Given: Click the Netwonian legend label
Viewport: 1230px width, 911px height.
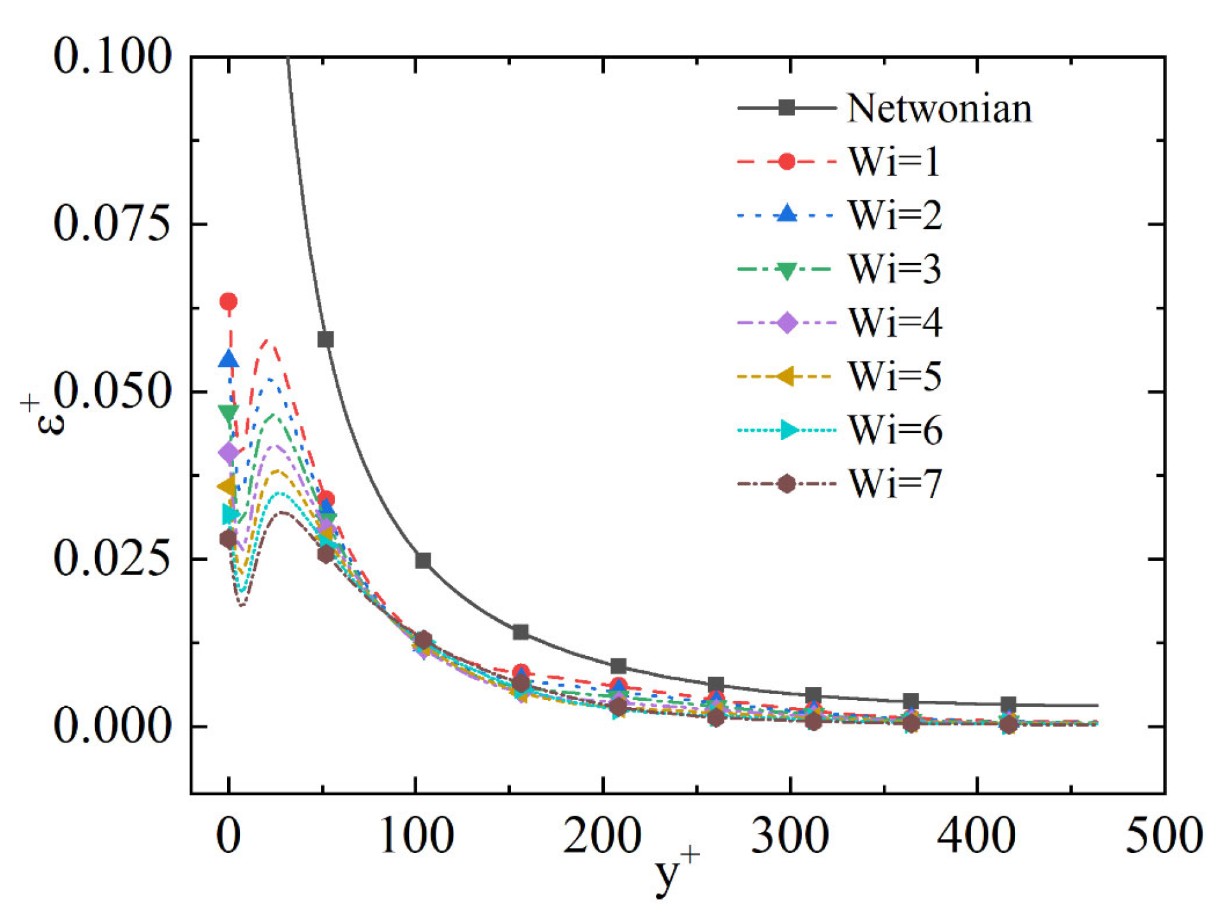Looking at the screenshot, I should coord(939,108).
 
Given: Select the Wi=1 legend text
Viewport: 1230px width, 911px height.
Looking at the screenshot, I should coord(894,161).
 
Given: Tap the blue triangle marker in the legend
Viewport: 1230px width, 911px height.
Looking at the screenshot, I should coord(787,213).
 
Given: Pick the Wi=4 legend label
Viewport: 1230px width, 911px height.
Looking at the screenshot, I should coord(895,322).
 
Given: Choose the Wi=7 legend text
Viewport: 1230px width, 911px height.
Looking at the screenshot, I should coord(895,484).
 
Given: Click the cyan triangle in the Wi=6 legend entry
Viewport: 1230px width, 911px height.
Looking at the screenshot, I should coord(789,430).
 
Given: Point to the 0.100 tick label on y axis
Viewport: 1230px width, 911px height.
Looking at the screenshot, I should coord(112,56).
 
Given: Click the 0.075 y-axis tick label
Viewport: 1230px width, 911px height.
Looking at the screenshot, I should coord(112,224).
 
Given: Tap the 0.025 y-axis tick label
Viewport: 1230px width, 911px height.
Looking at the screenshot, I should coord(112,559).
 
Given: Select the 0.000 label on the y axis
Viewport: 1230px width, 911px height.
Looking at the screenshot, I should coord(112,726).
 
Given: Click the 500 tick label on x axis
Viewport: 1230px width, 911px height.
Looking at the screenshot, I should coord(1164,836).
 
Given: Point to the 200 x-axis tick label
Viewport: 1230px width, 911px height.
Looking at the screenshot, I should coord(602,836).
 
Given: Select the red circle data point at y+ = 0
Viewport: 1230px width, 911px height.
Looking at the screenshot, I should coord(228,301).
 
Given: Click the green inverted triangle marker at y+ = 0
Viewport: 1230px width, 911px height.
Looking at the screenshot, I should coord(228,413).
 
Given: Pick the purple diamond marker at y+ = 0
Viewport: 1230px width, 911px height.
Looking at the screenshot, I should coord(228,453).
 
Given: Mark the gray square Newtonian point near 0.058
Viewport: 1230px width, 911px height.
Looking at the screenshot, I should coord(325,339).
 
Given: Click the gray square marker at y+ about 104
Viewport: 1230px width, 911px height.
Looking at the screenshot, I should coord(423,561).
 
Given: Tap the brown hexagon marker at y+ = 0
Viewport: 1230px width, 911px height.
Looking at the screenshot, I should coord(228,539).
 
